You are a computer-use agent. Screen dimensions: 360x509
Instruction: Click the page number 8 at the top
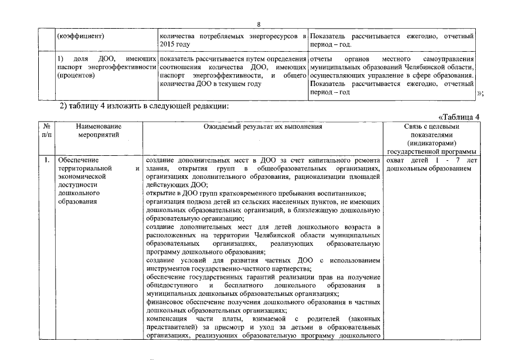[x=258, y=25]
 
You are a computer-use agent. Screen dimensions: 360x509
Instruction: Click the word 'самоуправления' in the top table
[x=448, y=58]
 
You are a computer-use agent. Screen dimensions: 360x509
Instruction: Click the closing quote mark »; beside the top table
[x=480, y=93]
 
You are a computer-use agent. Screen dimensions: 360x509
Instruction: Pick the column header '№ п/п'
[x=47, y=131]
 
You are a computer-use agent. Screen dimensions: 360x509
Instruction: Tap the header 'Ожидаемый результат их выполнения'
[x=263, y=127]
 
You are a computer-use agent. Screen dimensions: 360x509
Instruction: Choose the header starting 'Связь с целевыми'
[x=432, y=127]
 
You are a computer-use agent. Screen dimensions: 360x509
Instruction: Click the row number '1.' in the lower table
[x=47, y=160]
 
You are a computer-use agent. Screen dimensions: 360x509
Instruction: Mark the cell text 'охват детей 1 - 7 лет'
[x=432, y=160]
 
